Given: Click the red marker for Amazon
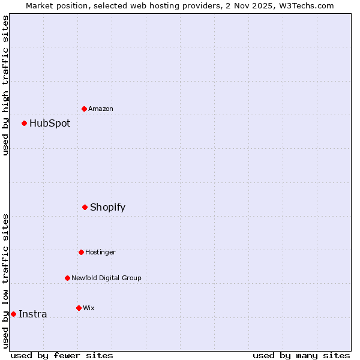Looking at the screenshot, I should (x=85, y=109).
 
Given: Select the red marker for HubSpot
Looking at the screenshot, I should (x=25, y=123).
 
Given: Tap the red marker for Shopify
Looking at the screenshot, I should (x=85, y=207).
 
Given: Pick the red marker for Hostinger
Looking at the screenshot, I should (x=81, y=252).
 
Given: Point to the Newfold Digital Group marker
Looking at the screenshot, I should (x=67, y=278).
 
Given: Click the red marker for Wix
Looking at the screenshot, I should (x=79, y=308).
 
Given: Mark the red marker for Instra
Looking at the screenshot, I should (x=13, y=314).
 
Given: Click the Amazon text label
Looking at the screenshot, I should (x=101, y=109).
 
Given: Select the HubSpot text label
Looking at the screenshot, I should (x=50, y=124).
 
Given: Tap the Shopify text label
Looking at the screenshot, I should (x=108, y=208).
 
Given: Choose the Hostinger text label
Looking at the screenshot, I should (x=100, y=252).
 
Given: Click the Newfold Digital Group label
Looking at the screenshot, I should (x=106, y=278).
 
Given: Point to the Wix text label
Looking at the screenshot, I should (x=89, y=308).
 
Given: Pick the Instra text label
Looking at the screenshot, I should (x=33, y=314).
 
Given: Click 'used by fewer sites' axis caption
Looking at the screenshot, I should (x=62, y=355).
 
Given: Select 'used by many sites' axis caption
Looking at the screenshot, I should (x=301, y=355).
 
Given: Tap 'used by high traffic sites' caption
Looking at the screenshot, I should (x=6, y=85).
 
